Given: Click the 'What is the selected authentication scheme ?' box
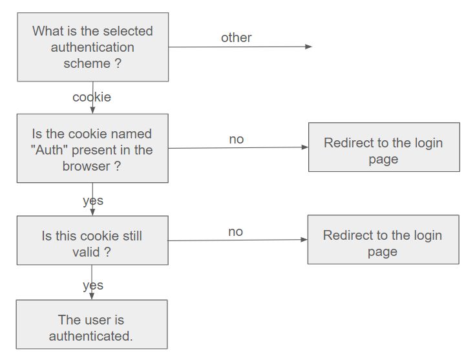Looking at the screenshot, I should (92, 47).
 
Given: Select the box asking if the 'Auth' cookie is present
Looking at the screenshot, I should (92, 149).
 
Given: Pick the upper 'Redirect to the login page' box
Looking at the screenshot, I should (384, 147).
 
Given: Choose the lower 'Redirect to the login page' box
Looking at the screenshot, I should (383, 240).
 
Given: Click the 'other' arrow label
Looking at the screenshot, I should (236, 37).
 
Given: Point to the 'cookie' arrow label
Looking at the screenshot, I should (92, 97).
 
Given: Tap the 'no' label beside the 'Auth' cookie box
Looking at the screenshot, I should (236, 139).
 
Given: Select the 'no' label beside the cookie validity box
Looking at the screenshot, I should (235, 231).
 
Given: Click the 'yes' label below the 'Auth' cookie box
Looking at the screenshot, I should (93, 200).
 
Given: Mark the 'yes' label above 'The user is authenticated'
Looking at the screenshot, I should (93, 285).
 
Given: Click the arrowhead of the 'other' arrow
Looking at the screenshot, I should (309, 47).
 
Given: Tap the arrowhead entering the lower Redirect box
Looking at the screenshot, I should (304, 240).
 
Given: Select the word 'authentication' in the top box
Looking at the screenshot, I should (92, 47).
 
